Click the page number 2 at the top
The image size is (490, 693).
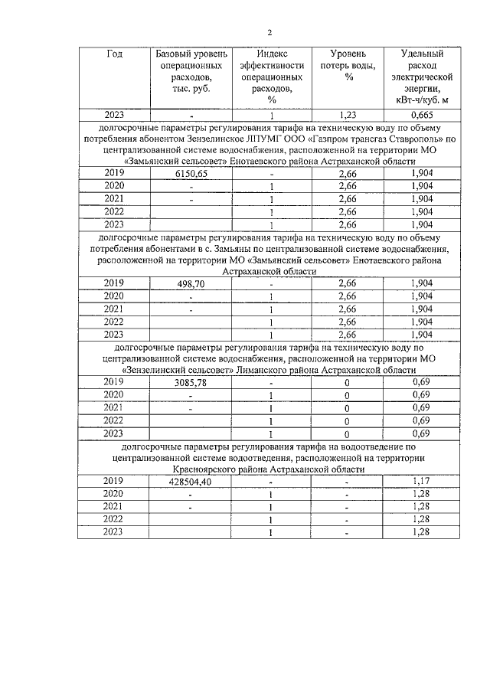[269, 32]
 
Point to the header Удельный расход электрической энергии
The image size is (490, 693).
[418, 77]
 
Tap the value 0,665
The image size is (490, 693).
[418, 115]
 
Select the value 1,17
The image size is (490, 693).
[418, 481]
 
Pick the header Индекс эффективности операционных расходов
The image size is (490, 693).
[266, 77]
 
